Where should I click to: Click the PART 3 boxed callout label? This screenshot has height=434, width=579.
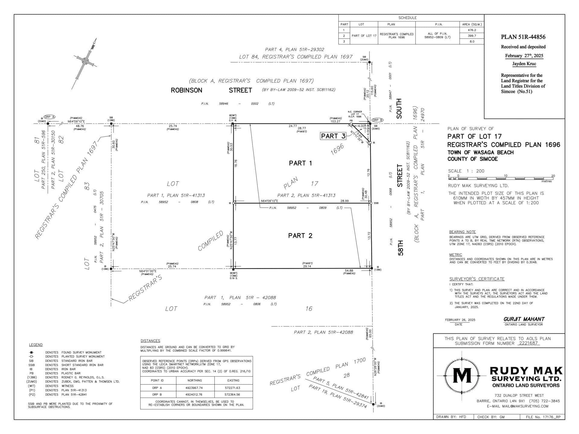(333, 136)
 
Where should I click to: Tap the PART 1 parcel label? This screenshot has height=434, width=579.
(300, 163)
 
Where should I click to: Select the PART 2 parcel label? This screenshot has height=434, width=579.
(300, 235)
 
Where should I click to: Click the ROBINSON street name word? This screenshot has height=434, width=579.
(186, 90)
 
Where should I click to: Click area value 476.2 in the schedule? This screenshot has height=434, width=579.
(472, 30)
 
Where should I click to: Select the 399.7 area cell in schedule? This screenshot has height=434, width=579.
(472, 36)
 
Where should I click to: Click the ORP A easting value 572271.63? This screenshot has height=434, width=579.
(233, 388)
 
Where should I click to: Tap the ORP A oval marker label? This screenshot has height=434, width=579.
(49, 117)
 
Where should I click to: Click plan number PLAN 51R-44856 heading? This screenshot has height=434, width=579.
(523, 37)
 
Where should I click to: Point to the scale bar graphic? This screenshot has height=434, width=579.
(501, 178)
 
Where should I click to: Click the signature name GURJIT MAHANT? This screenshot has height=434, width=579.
(524, 319)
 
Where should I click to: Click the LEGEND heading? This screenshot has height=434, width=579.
(36, 345)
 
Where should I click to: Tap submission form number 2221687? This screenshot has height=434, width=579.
(528, 343)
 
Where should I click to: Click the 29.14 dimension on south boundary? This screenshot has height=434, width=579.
(307, 266)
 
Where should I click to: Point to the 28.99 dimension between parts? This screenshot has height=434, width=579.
(344, 201)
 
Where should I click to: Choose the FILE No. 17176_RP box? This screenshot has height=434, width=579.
(542, 417)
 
